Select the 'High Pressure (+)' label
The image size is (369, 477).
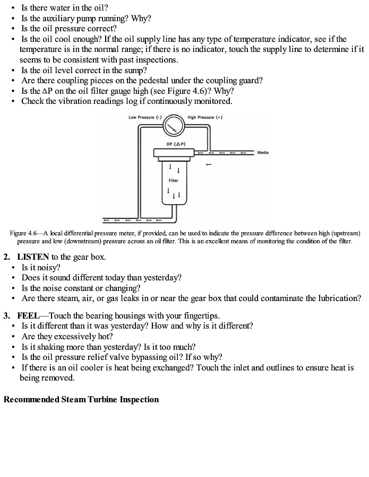pos(204,117)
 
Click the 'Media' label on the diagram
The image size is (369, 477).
pos(262,153)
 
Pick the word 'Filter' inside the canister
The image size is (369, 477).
pos(174,180)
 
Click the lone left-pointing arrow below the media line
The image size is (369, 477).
pos(209,164)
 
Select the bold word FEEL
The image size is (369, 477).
pos(28,315)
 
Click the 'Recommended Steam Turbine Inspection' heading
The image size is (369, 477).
pos(81,399)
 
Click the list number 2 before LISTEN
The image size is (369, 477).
pos(6,257)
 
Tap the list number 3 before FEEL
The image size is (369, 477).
pos(6,315)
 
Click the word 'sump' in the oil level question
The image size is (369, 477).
pos(136,70)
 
